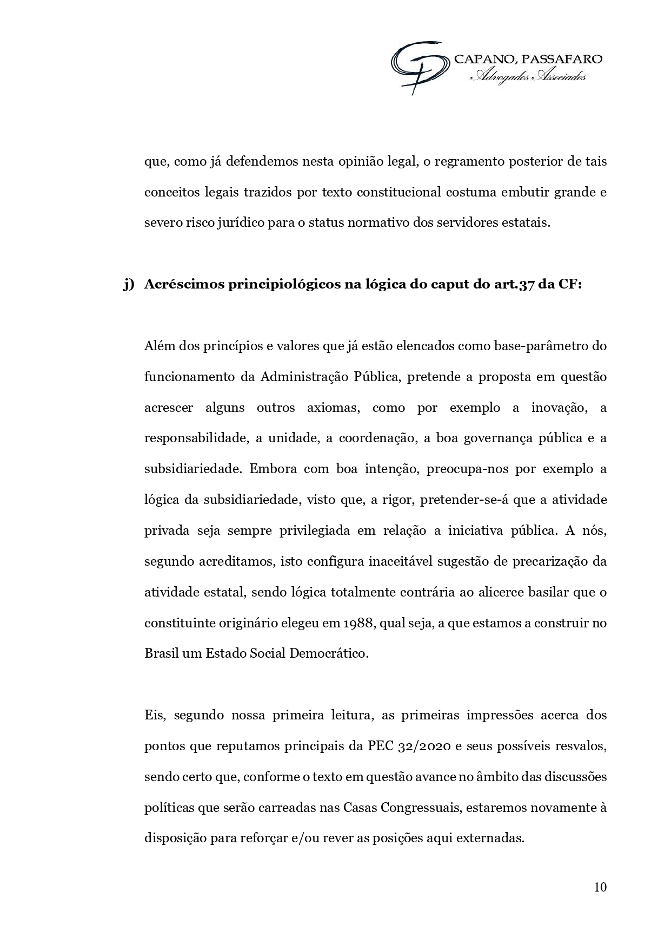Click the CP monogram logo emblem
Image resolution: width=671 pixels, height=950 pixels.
[420, 66]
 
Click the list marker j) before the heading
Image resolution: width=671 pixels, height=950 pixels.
[128, 285]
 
